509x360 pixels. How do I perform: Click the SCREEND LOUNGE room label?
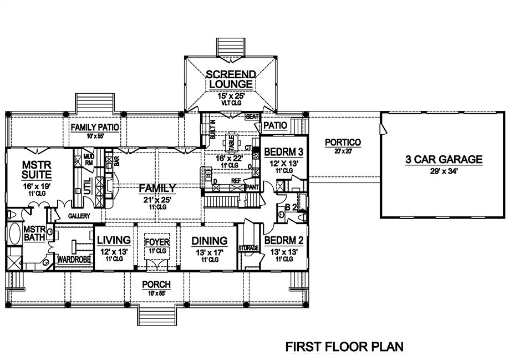(231, 79)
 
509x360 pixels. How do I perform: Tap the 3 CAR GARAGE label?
(443, 160)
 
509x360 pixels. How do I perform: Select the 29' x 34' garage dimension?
(443, 171)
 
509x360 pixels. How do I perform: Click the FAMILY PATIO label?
(95, 127)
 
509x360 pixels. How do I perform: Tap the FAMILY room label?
(157, 188)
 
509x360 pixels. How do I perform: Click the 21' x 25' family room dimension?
(157, 199)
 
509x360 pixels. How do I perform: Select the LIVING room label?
(114, 240)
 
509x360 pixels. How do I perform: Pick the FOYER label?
(156, 242)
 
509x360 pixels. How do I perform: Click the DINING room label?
(209, 240)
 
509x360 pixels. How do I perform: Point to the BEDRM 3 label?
(283, 152)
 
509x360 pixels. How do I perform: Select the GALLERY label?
(79, 215)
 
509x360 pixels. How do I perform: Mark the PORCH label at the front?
(156, 285)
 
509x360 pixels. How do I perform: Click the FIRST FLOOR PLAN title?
(344, 347)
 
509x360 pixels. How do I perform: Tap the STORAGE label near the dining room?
(248, 247)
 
